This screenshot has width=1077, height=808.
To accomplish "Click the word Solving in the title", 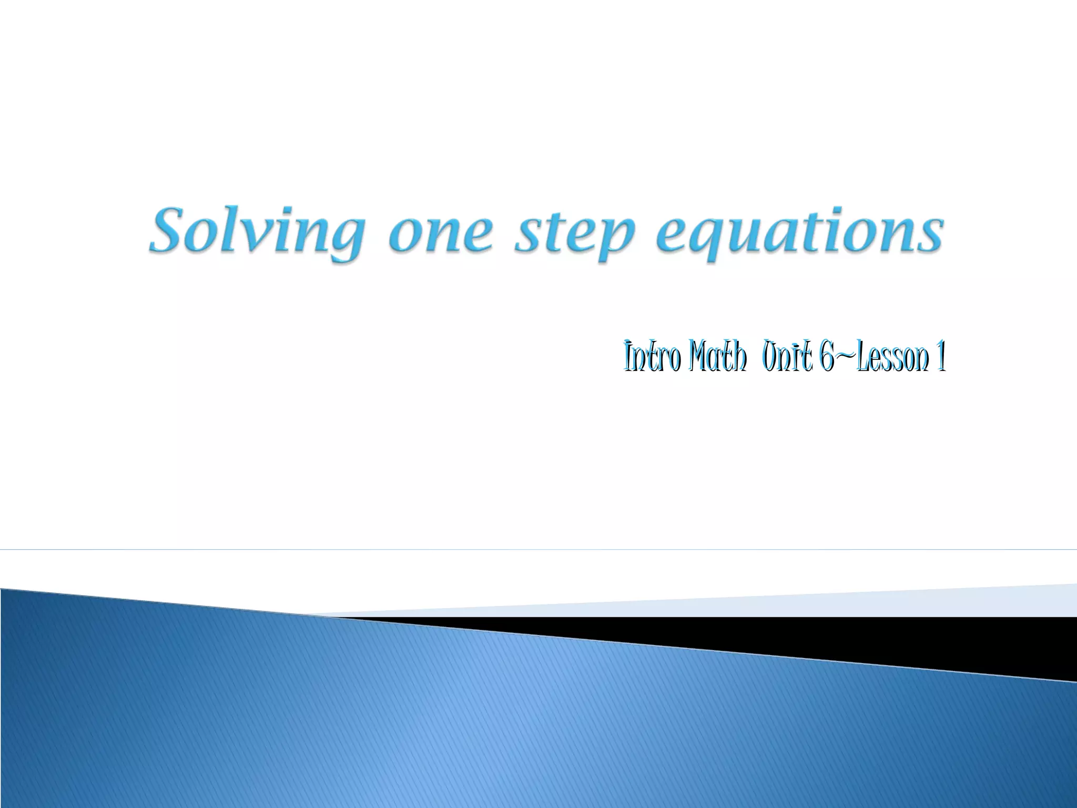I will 256,231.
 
